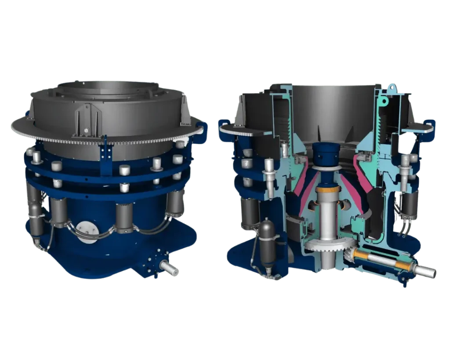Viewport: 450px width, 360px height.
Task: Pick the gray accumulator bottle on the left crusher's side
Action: [35, 218]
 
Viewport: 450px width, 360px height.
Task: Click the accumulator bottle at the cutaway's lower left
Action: [267, 242]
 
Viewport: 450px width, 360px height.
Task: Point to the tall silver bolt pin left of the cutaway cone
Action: [268, 176]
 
